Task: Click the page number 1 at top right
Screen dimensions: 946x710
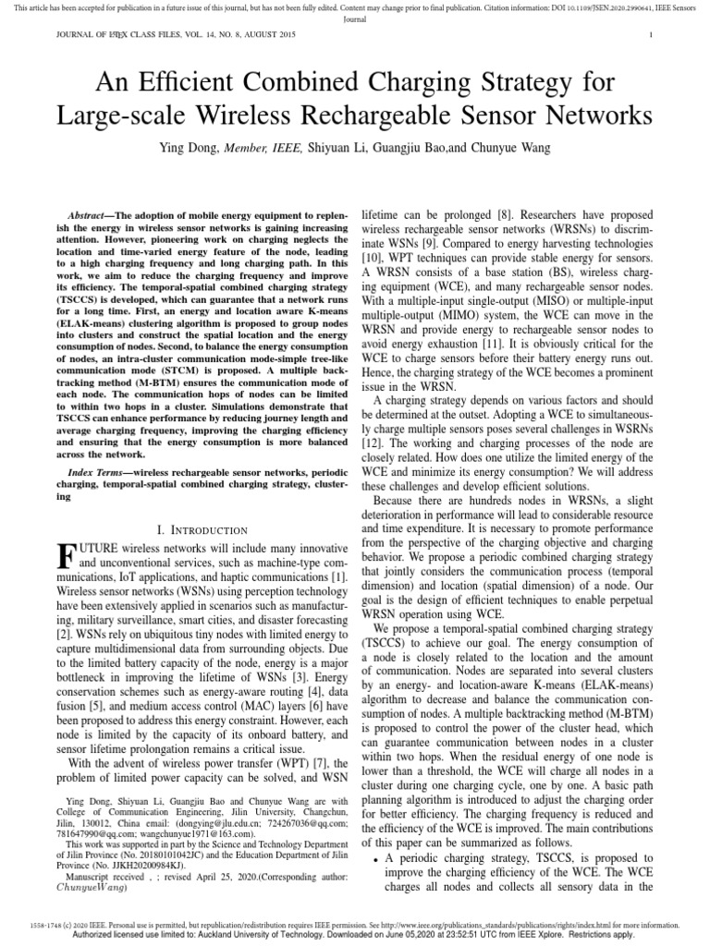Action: click(651, 35)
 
